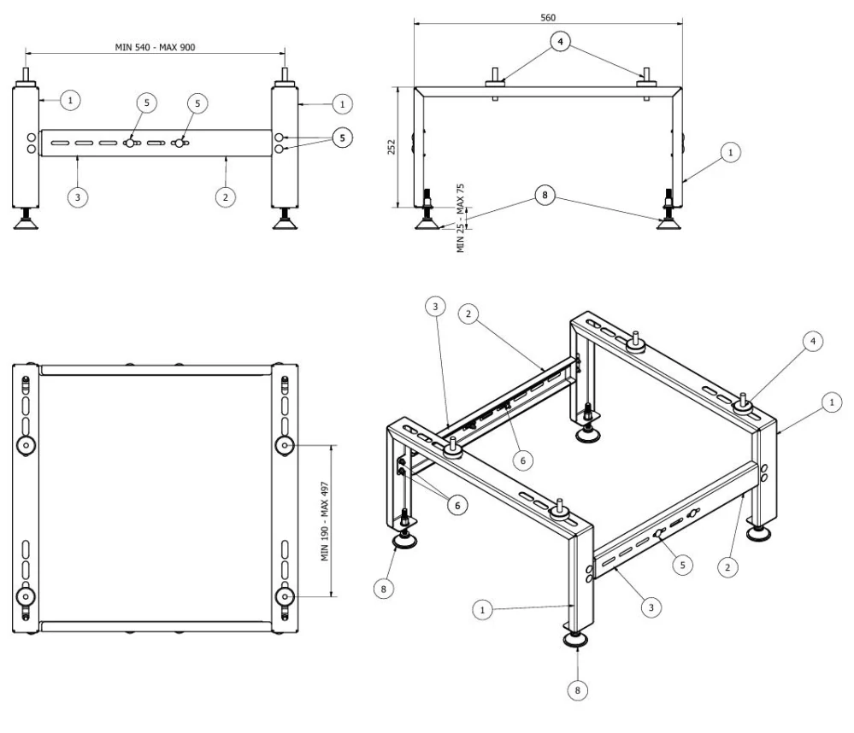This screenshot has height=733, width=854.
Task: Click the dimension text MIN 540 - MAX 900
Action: pyautogui.click(x=155, y=47)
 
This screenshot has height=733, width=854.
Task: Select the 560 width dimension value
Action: pyautogui.click(x=548, y=17)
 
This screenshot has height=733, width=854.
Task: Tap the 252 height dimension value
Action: pyautogui.click(x=391, y=147)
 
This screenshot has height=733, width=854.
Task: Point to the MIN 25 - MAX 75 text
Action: pyautogui.click(x=461, y=218)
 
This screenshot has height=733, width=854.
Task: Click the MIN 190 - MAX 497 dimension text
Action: pyautogui.click(x=325, y=521)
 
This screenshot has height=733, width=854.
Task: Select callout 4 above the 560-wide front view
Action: pyautogui.click(x=560, y=41)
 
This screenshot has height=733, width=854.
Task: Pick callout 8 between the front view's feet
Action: pyautogui.click(x=545, y=195)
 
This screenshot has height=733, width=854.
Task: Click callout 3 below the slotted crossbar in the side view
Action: pyautogui.click(x=77, y=197)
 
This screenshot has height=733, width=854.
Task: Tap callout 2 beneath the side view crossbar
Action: pyautogui.click(x=226, y=197)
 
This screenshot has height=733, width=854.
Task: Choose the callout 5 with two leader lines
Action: pyautogui.click(x=342, y=138)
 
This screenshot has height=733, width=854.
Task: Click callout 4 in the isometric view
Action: pyautogui.click(x=813, y=341)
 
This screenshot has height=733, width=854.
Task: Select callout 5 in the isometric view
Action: pyautogui.click(x=682, y=565)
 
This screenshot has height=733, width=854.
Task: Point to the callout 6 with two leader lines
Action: pyautogui.click(x=457, y=506)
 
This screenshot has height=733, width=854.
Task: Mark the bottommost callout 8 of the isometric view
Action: pyautogui.click(x=577, y=690)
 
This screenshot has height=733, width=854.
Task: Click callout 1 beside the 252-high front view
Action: pyautogui.click(x=730, y=152)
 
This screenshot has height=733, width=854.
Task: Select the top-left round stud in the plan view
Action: pyautogui.click(x=26, y=446)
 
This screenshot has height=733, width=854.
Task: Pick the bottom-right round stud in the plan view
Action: pyautogui.click(x=285, y=597)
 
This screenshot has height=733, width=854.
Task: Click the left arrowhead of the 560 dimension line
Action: pyautogui.click(x=418, y=23)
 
